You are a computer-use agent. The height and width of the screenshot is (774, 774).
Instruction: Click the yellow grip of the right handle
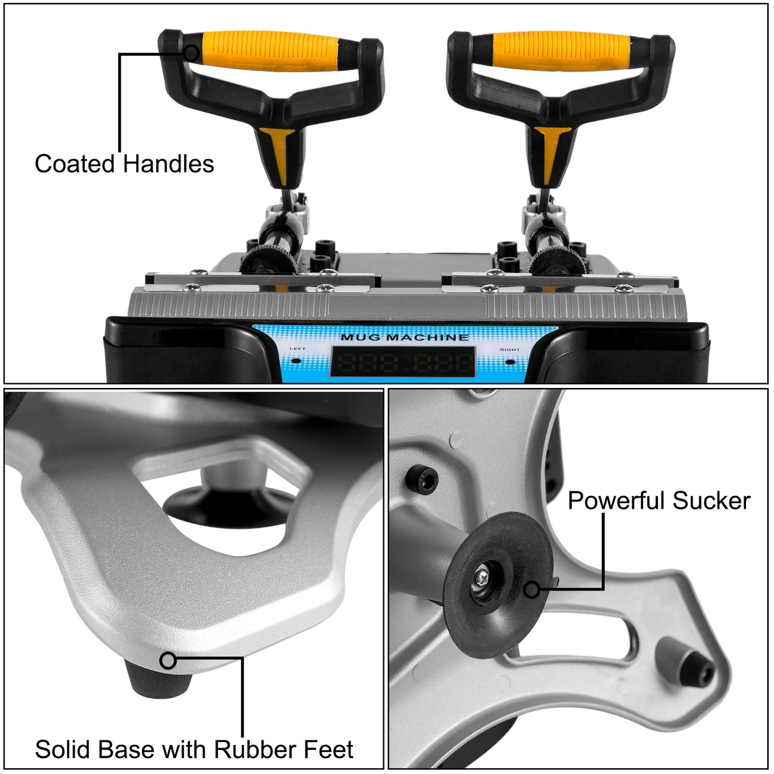pos(561,51)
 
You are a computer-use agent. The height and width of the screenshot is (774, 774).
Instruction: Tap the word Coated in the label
pos(75,164)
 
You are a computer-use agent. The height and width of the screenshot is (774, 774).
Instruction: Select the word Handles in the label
pos(168,164)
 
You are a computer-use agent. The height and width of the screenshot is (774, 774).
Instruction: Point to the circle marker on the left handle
pos(191,53)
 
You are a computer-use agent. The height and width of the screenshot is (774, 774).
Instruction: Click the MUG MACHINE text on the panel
pos(405,337)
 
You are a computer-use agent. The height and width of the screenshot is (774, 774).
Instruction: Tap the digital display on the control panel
pos(402,362)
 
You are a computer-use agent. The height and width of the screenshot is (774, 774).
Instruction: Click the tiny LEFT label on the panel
pos(297,349)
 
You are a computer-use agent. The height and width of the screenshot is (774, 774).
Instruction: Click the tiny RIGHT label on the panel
pos(509,350)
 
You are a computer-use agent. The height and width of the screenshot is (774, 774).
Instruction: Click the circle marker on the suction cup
pos(531,589)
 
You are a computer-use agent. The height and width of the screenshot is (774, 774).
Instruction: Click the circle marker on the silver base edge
pos(168,660)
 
